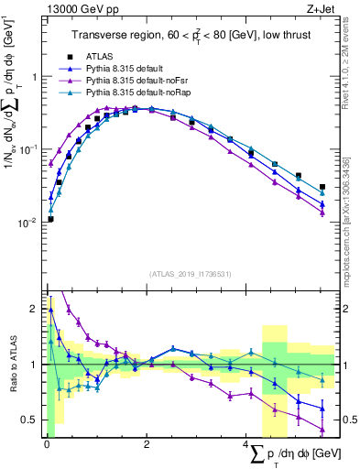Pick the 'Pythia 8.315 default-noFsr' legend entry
point(141,81)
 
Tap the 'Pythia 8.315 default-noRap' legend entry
point(142,93)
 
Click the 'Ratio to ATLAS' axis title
point(11,364)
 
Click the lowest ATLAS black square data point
point(50,219)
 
